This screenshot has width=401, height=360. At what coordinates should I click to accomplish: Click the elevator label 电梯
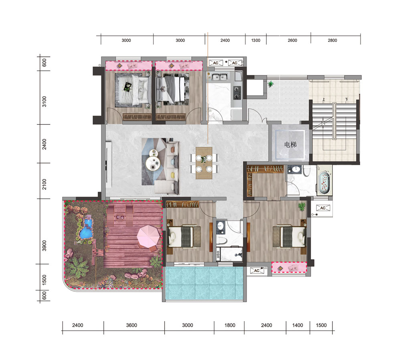290,144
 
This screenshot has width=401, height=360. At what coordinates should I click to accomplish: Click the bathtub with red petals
324,183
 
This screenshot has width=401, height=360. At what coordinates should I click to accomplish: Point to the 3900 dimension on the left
45,246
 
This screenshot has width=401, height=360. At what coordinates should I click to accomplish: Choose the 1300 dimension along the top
256,40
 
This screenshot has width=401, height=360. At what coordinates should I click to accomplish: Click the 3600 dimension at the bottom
132,325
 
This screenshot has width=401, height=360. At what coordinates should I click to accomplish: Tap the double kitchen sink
220,77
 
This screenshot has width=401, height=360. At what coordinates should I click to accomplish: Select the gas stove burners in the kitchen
237,93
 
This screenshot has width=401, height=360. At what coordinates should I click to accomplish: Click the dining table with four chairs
204,163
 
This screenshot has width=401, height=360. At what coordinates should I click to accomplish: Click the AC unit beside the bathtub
323,208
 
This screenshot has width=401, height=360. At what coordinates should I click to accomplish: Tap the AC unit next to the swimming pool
257,271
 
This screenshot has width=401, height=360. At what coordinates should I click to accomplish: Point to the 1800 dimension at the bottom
230,325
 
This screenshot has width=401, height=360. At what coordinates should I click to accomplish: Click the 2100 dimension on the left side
45,184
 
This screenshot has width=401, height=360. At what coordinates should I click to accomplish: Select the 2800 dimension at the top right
332,40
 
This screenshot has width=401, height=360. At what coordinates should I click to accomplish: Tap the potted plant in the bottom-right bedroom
302,206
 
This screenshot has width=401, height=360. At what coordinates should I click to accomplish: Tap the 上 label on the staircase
324,100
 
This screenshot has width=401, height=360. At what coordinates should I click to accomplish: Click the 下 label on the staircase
346,100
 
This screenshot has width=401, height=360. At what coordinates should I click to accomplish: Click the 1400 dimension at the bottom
298,325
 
